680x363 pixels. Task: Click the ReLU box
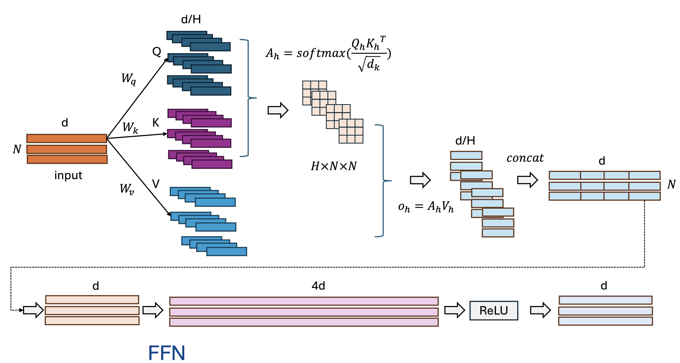click(493, 310)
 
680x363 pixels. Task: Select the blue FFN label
click(167, 353)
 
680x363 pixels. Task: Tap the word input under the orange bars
click(68, 175)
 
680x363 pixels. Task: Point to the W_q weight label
click(129, 79)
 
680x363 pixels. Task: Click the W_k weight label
click(130, 127)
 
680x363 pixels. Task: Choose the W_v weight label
click(127, 189)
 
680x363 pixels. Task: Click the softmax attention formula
click(328, 53)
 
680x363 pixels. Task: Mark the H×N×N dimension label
click(334, 166)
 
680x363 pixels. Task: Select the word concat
click(525, 158)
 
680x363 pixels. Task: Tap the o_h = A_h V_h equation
click(426, 207)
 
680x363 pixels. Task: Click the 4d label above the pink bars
click(318, 286)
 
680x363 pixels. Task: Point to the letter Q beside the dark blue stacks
click(157, 51)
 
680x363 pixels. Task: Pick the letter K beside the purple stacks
click(156, 123)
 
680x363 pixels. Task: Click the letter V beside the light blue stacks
click(156, 184)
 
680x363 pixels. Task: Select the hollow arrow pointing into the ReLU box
click(454, 310)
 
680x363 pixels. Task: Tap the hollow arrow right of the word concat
click(527, 180)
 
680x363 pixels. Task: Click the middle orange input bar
click(67, 149)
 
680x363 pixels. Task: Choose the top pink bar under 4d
click(304, 301)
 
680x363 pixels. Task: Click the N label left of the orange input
click(17, 149)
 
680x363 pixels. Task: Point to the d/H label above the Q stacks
click(191, 20)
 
